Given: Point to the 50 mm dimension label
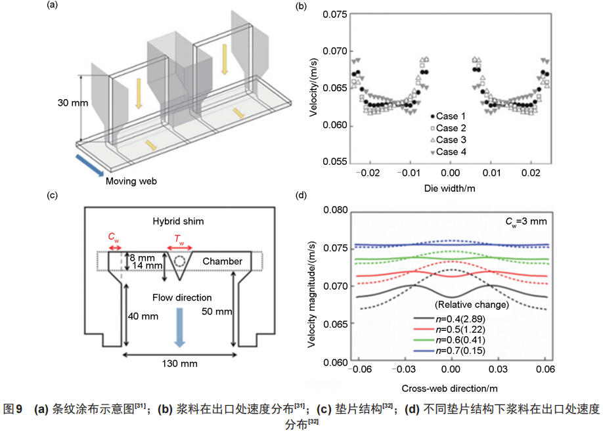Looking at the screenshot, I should click(216, 311).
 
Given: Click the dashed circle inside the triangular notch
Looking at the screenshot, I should click(179, 261).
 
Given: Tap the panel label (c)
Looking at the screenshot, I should click(51, 194).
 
